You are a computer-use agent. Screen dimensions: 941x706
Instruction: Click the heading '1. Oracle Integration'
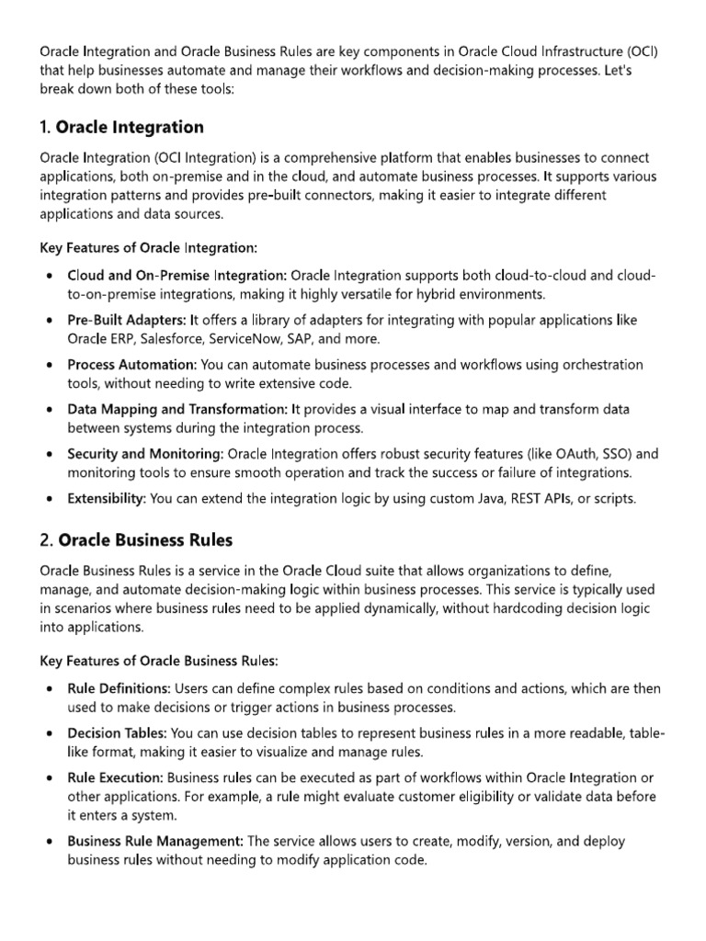(x=122, y=127)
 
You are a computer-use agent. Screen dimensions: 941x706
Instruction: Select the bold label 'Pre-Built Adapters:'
(x=126, y=320)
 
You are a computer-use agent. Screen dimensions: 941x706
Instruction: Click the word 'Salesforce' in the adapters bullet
(x=173, y=338)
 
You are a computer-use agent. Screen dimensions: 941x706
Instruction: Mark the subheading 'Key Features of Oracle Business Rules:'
(x=159, y=661)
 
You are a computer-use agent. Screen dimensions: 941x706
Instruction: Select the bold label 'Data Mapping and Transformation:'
(x=177, y=409)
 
